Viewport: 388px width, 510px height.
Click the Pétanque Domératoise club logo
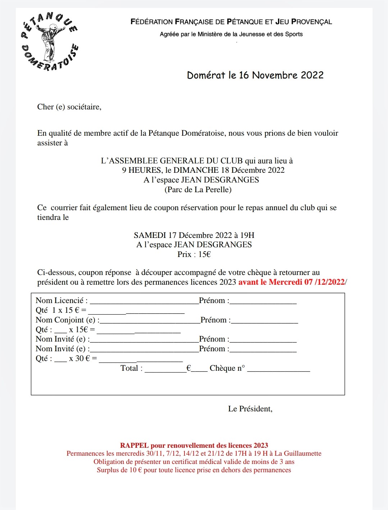[x=50, y=41]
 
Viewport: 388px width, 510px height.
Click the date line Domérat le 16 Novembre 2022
[x=255, y=75]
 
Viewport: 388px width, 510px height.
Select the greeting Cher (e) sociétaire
[x=69, y=107]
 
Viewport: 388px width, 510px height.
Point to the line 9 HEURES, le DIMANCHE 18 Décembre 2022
[x=203, y=170]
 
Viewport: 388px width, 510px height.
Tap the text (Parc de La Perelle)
[x=198, y=190]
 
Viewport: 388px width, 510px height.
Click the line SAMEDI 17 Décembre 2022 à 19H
[x=194, y=235]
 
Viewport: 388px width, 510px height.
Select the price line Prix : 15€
[x=194, y=254]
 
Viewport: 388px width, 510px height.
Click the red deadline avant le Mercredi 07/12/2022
[x=292, y=282]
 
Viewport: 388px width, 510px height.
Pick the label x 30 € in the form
[x=83, y=358]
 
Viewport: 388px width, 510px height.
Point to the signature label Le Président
[x=250, y=409]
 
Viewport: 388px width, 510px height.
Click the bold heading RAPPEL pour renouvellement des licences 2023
[x=194, y=446]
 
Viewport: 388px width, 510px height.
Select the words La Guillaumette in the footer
[x=298, y=453]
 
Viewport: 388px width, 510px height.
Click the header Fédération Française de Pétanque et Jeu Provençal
[x=231, y=22]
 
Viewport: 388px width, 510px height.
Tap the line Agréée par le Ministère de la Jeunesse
[x=231, y=34]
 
